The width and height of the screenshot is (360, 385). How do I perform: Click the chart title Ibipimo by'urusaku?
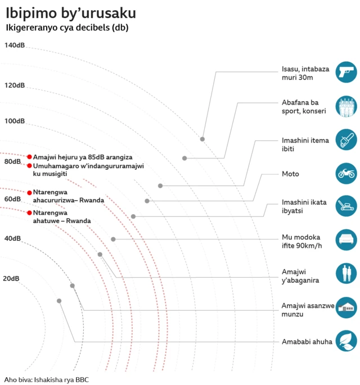click(70, 12)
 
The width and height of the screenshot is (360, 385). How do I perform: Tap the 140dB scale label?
click(15, 45)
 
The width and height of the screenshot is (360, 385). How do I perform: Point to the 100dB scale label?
click(15, 121)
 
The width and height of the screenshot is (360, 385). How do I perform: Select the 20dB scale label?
click(11, 278)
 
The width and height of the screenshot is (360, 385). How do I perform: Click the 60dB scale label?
click(12, 199)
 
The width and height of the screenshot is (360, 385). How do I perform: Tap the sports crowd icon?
click(346, 107)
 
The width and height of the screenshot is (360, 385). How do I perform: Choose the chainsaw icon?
click(346, 139)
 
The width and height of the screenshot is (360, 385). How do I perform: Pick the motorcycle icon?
click(346, 174)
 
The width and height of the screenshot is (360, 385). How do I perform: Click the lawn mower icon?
click(346, 206)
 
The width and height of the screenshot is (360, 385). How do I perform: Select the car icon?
click(346, 240)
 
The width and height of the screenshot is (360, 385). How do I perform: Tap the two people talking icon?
click(346, 274)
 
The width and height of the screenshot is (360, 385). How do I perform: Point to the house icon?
click(346, 307)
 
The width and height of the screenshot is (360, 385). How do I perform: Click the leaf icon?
click(346, 341)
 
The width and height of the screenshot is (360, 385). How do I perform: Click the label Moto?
click(290, 174)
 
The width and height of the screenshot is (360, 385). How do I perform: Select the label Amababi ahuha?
click(307, 341)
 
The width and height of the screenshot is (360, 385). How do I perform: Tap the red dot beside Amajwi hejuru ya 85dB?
click(29, 157)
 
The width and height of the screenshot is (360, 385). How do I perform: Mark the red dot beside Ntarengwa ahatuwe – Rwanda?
click(29, 213)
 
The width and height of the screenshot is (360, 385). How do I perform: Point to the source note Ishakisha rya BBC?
click(47, 379)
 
